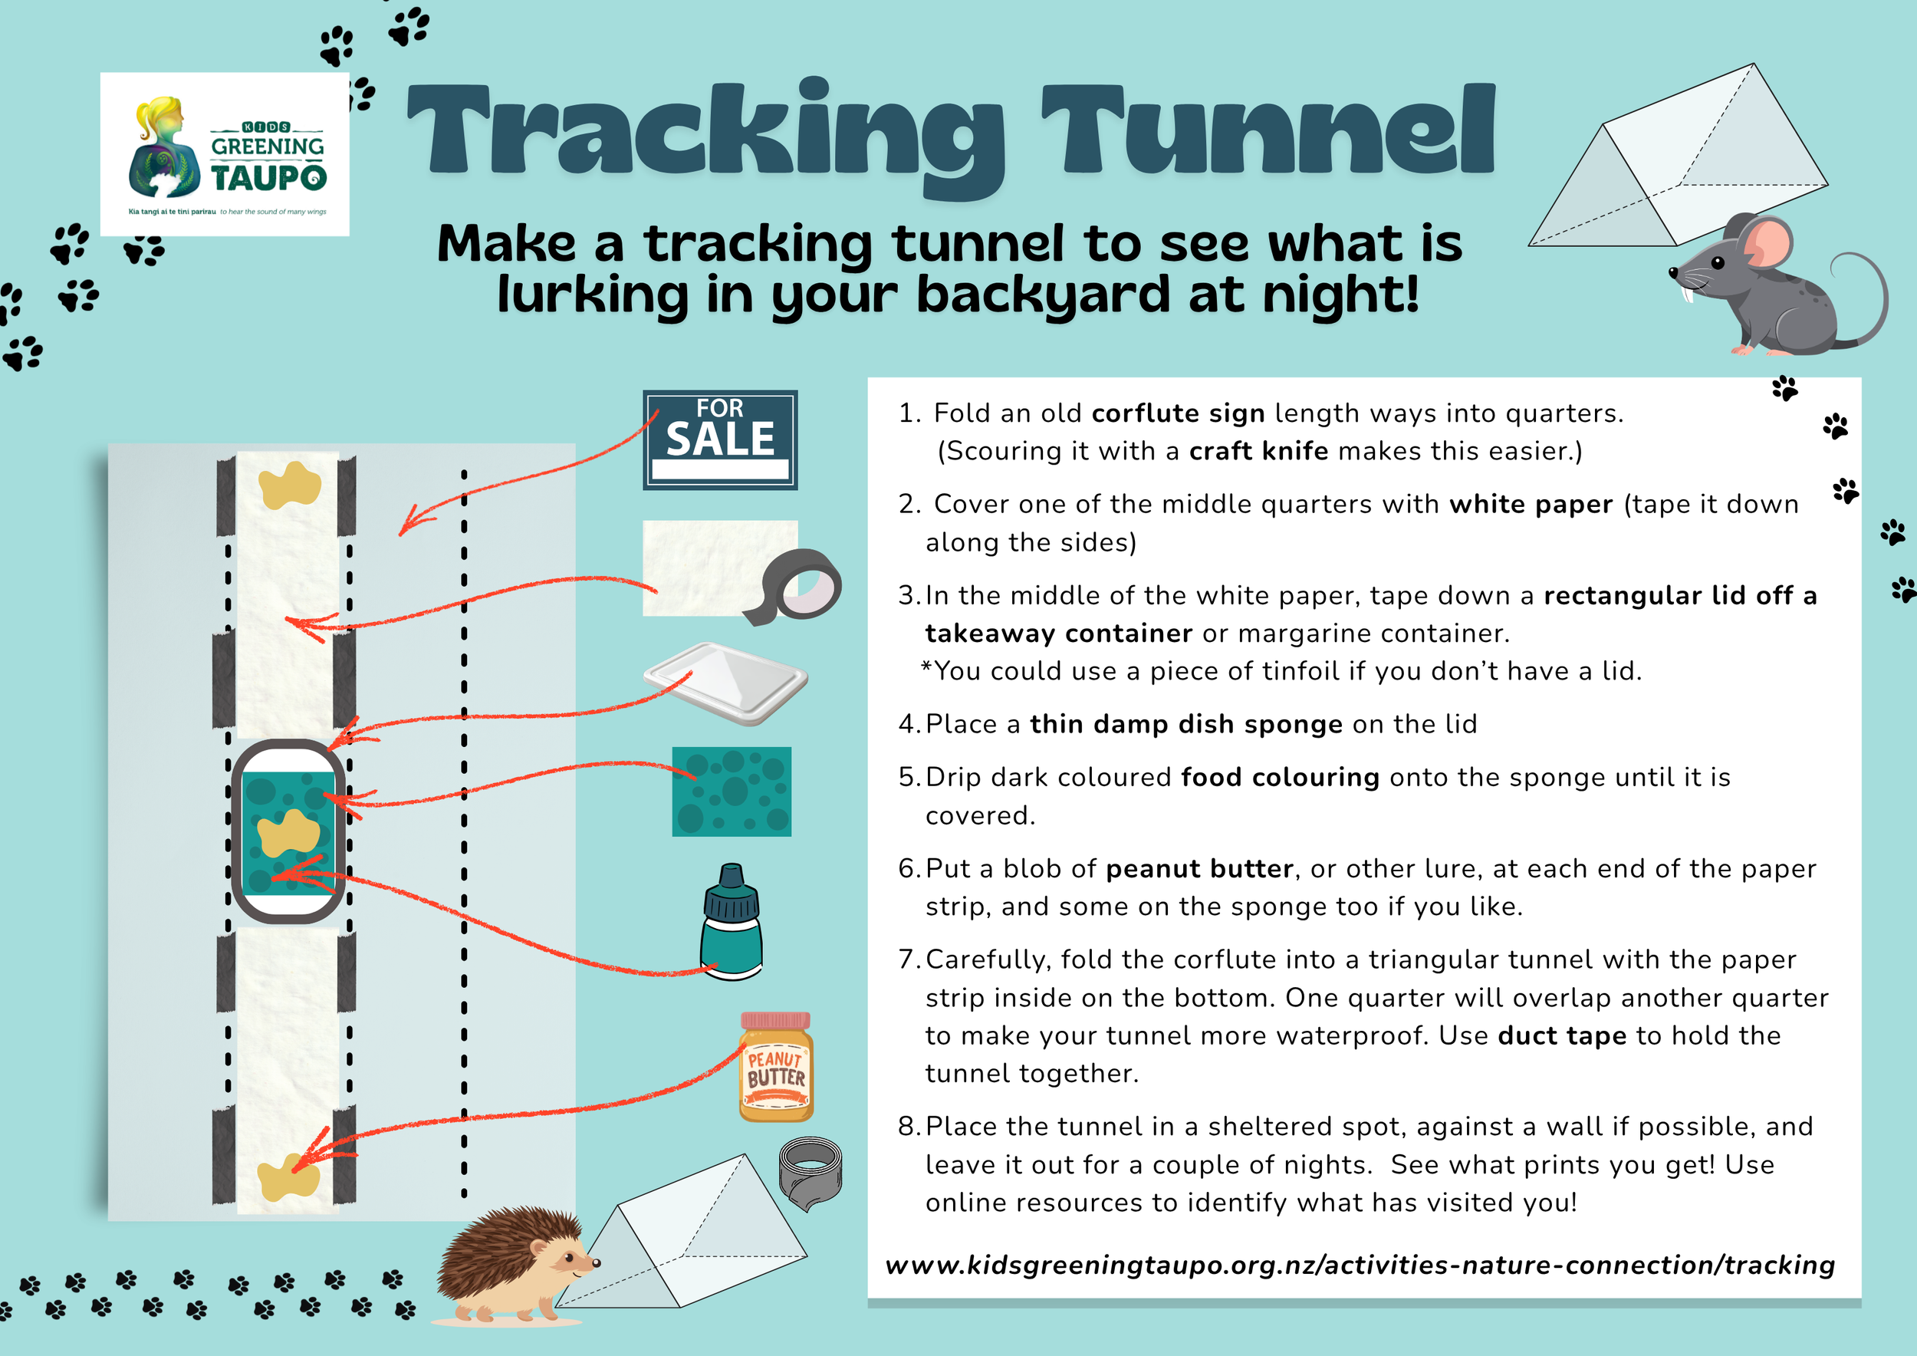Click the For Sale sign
tap(720, 440)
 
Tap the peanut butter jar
tap(776, 1068)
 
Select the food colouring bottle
tap(732, 923)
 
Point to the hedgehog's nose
tap(596, 1262)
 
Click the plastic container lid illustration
tap(725, 682)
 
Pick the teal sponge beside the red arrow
tap(732, 792)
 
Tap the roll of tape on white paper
tap(801, 587)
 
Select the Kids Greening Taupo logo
tap(225, 154)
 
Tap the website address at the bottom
tap(1360, 1265)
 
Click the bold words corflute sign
tap(1177, 413)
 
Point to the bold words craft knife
tap(1258, 451)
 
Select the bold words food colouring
tap(1279, 778)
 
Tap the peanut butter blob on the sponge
tap(288, 832)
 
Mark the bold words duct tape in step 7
tap(1561, 1035)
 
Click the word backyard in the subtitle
tap(1043, 295)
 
